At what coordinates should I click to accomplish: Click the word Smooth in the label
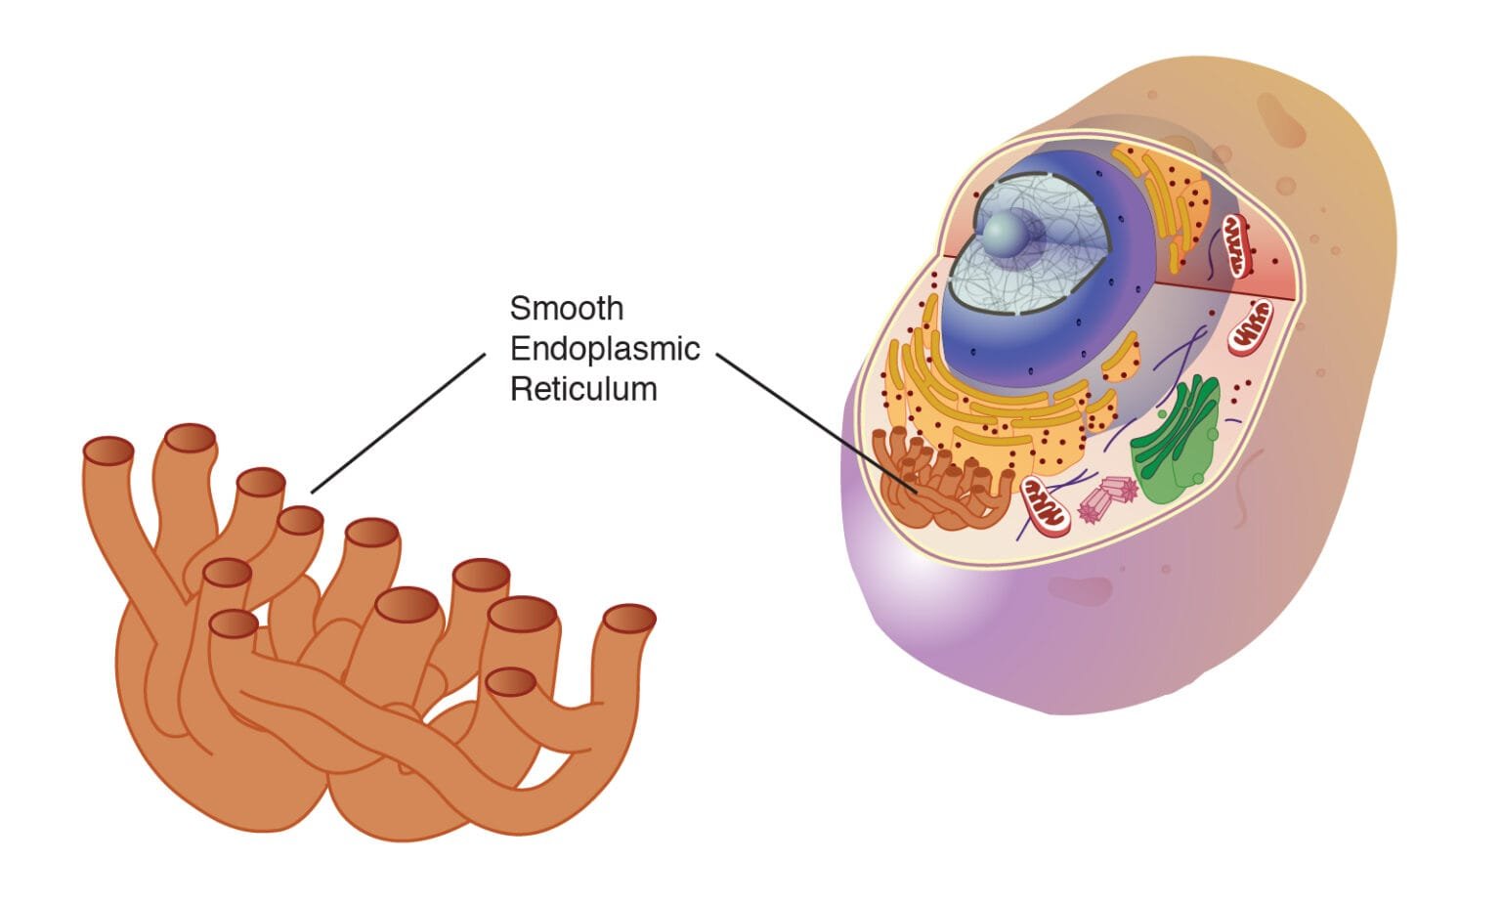tap(566, 309)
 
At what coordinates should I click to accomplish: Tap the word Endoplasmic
tap(605, 349)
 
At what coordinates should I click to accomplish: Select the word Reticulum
tap(583, 389)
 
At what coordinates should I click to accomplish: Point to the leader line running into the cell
tap(816, 421)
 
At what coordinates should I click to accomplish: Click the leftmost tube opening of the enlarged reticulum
tap(107, 451)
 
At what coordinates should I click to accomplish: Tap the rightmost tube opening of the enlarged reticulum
tap(629, 619)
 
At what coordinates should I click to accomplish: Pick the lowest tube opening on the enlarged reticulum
tap(510, 681)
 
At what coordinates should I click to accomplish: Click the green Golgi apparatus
tap(1175, 440)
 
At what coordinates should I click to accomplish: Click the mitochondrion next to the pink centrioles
tap(1045, 506)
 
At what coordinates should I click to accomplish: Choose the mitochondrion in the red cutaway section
tap(1236, 245)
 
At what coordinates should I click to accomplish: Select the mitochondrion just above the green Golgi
tap(1250, 325)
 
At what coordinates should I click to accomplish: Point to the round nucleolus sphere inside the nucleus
tap(1005, 234)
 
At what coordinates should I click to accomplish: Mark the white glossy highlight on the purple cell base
tap(904, 577)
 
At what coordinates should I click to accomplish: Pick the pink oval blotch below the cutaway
tap(1080, 589)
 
